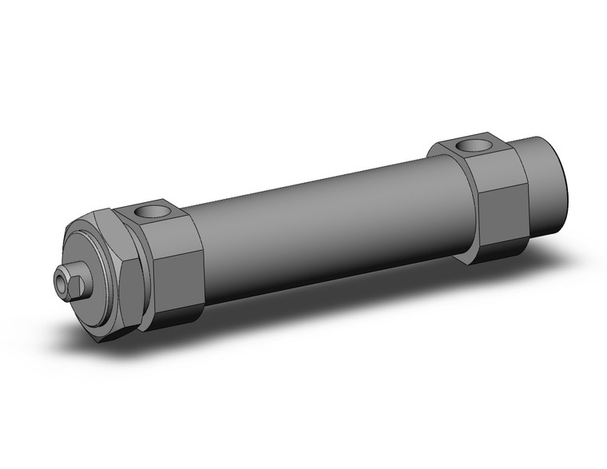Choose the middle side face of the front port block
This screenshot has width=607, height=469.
point(177,276)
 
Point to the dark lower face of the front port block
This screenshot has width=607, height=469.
point(177,316)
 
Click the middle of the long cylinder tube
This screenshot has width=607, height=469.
point(319,224)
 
